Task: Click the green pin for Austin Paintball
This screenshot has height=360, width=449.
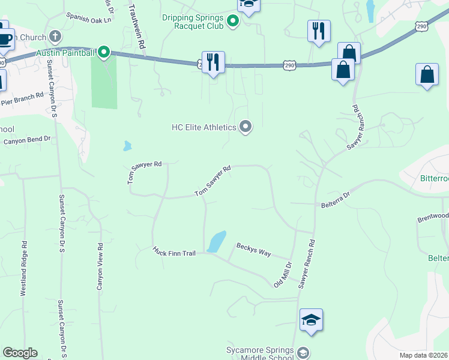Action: pyautogui.click(x=104, y=53)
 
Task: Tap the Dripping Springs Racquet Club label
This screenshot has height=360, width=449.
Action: pyautogui.click(x=192, y=22)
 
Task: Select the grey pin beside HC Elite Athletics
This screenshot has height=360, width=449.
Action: pyautogui.click(x=245, y=127)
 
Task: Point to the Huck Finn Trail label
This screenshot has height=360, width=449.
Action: pyautogui.click(x=174, y=252)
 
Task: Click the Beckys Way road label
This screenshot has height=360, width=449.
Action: pyautogui.click(x=253, y=249)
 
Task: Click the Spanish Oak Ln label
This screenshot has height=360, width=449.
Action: pyautogui.click(x=89, y=18)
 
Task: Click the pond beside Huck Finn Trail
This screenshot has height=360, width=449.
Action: pyautogui.click(x=216, y=241)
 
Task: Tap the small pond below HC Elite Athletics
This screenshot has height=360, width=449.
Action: pyautogui.click(x=127, y=146)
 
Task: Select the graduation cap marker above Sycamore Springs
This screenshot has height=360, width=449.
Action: pyautogui.click(x=312, y=320)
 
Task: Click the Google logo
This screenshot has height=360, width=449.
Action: pyautogui.click(x=20, y=353)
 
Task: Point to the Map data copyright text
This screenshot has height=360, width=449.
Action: pyautogui.click(x=424, y=355)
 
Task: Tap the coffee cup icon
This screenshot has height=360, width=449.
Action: pyautogui.click(x=5, y=38)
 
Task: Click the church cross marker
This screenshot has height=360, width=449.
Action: pyautogui.click(x=56, y=37)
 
